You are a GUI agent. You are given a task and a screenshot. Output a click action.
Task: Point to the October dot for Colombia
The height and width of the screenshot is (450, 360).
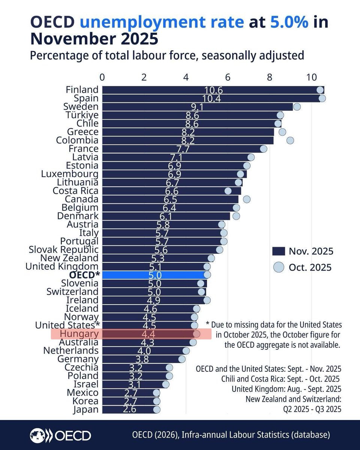[290, 140]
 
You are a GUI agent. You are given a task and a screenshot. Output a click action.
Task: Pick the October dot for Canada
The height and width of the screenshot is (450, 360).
[246, 199]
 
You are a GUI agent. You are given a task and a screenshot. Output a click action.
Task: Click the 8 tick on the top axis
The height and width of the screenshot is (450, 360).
[270, 77]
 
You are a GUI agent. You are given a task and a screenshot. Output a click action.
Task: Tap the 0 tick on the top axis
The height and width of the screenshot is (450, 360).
[102, 77]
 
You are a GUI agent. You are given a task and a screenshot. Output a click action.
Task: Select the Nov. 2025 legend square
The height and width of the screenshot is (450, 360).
[278, 251]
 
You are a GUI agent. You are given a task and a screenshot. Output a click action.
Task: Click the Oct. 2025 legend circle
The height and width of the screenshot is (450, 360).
[278, 267]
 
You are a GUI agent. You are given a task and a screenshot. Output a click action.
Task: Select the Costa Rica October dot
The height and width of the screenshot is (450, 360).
[228, 191]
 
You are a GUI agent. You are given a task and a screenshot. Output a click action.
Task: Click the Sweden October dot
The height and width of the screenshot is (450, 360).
[297, 107]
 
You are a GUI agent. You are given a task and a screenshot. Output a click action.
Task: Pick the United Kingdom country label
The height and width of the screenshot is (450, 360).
[62, 267]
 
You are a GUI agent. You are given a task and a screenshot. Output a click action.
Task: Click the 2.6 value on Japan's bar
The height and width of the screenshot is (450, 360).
[130, 409]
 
